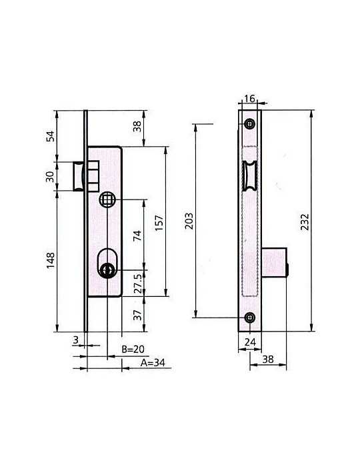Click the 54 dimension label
(51, 136)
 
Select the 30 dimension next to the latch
(50, 177)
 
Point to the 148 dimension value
(51, 260)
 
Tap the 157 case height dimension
(159, 222)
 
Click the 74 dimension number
(137, 236)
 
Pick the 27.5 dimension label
(137, 284)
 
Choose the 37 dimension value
(137, 315)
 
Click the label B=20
(133, 349)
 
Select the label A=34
(153, 362)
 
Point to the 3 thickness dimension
(76, 340)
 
